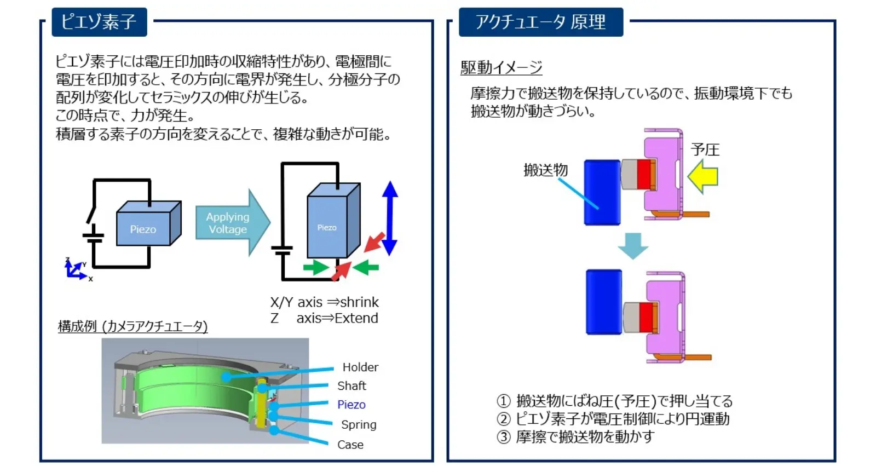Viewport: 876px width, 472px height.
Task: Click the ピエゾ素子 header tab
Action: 99,22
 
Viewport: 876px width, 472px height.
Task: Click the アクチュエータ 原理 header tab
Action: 540,22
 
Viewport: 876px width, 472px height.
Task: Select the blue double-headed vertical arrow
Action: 390,218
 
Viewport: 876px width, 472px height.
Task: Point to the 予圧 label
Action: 705,149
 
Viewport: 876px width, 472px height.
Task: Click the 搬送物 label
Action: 545,170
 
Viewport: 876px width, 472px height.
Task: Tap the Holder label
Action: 360,367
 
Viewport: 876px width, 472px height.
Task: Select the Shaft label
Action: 351,386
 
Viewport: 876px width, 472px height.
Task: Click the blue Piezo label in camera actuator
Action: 351,405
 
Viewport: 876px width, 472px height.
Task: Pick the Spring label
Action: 359,425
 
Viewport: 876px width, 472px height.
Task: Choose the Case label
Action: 350,445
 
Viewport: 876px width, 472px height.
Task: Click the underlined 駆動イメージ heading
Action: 501,67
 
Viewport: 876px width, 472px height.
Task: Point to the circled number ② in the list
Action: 503,419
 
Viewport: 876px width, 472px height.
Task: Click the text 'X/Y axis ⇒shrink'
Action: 324,302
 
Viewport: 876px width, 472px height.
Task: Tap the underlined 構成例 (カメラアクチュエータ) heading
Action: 132,326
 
